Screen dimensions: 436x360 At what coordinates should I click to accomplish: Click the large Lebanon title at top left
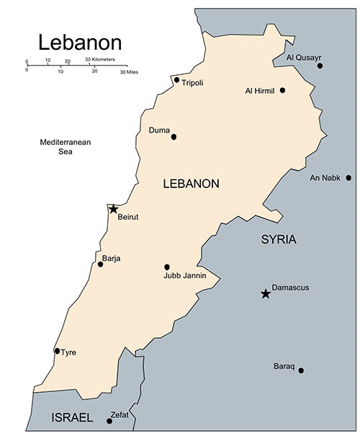(80, 41)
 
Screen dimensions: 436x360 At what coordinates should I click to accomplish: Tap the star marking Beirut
(113, 209)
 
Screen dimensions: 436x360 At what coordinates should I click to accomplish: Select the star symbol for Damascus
(266, 293)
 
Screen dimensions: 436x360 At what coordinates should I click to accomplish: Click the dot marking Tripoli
(176, 79)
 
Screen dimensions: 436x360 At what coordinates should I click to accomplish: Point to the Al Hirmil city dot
(282, 90)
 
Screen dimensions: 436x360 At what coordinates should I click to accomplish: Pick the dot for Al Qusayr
(320, 66)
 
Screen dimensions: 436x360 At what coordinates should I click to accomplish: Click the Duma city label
(158, 130)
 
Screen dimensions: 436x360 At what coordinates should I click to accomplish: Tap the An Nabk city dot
(348, 177)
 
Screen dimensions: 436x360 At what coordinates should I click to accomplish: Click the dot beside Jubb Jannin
(167, 267)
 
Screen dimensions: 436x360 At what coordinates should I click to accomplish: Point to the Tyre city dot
(57, 351)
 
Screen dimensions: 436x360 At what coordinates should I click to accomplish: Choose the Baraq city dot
(301, 370)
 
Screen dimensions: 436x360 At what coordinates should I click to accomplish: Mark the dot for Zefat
(109, 421)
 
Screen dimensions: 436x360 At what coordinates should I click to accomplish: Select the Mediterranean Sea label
(66, 147)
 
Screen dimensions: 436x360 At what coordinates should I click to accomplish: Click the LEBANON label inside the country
(191, 184)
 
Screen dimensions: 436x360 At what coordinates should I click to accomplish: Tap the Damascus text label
(290, 288)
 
